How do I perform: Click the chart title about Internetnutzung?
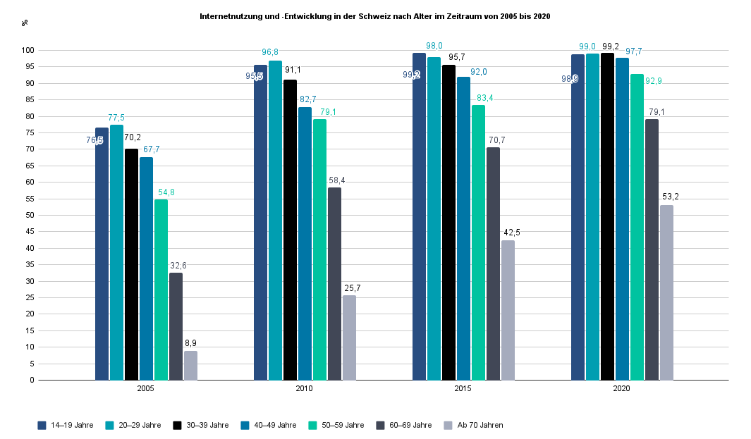click(374, 16)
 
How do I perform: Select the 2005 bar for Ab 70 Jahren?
click(190, 365)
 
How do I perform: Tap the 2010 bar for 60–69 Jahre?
click(334, 283)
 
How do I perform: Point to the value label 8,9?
click(190, 343)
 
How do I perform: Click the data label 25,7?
click(350, 287)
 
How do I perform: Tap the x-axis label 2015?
click(463, 389)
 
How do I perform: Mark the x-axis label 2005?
click(146, 389)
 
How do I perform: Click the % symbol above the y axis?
click(25, 23)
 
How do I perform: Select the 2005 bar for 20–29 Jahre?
click(116, 252)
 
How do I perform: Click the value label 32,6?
click(178, 266)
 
